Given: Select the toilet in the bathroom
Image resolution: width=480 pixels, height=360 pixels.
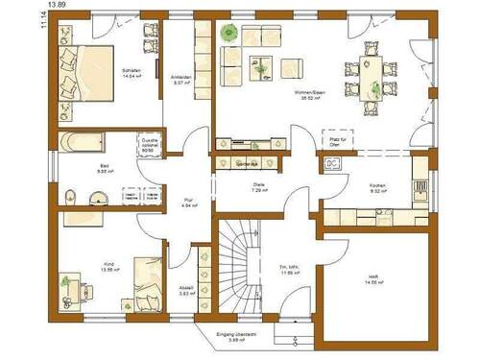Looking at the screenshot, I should [x=66, y=197].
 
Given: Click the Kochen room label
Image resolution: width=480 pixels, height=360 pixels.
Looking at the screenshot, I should [x=376, y=188].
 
